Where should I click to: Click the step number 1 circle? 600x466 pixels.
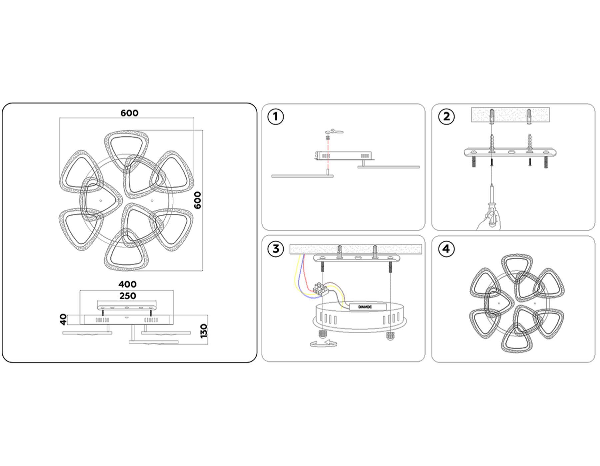point(276,116)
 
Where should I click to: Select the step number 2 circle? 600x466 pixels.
point(446,116)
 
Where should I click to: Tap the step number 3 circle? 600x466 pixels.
point(276,249)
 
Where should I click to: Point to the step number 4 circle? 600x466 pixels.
point(446,249)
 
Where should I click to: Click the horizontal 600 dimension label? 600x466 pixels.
point(129,113)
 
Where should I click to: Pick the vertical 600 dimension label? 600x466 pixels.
point(198,200)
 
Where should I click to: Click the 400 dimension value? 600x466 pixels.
point(127,284)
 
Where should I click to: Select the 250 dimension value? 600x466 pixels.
point(128,296)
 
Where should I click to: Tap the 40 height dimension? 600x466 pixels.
point(63,320)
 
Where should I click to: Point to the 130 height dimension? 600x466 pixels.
point(204,331)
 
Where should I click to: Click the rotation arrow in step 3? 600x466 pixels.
point(324,344)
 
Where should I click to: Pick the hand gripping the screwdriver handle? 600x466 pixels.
point(489,220)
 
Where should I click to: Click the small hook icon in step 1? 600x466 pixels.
point(337,132)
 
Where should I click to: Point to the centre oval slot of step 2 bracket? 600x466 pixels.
point(511,152)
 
